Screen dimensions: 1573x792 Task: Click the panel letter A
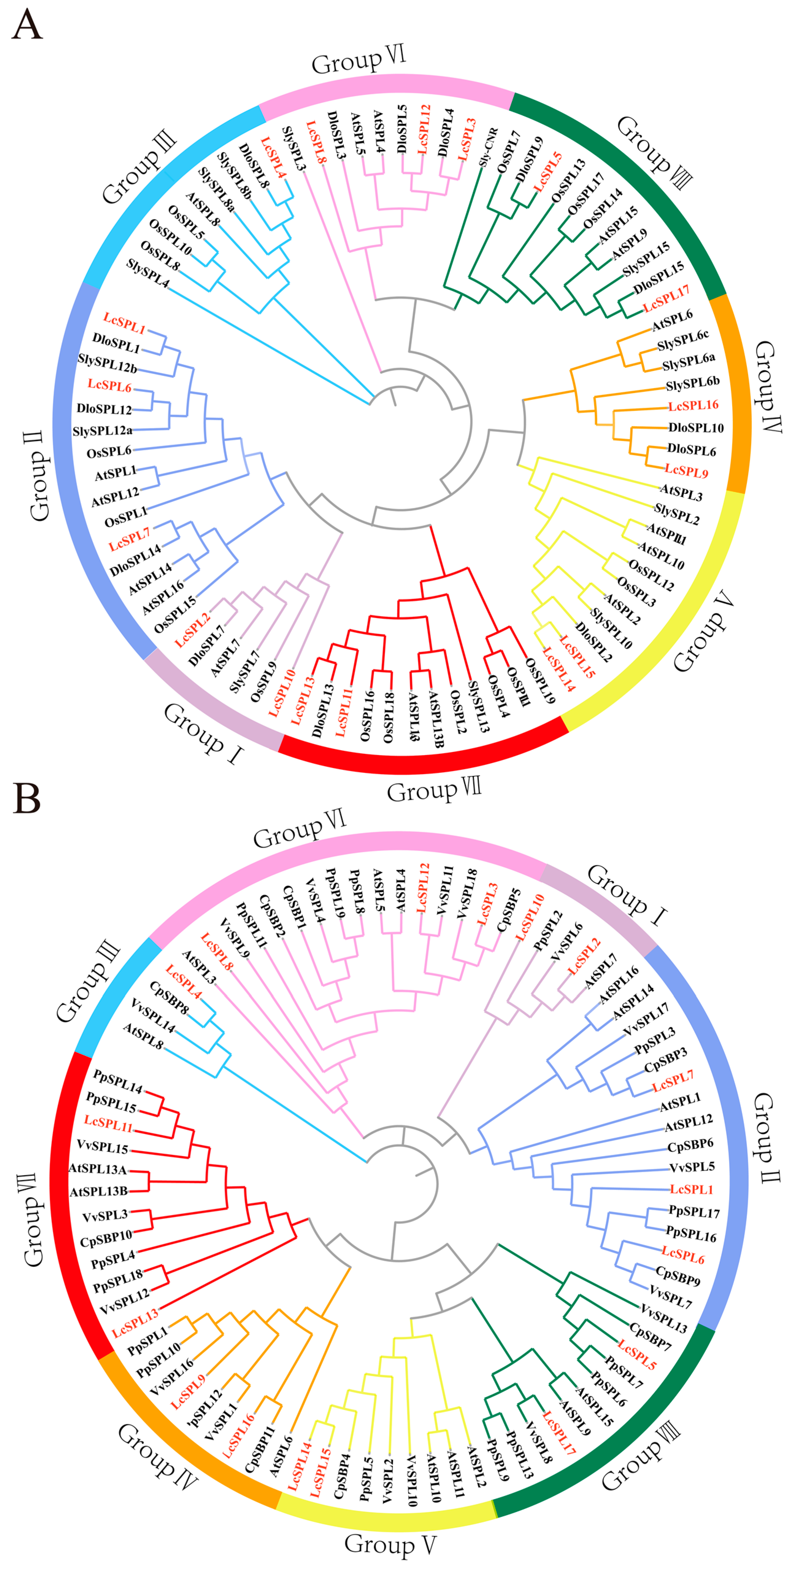pyautogui.click(x=27, y=26)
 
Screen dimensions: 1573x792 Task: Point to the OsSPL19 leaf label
pyautogui.click(x=540, y=681)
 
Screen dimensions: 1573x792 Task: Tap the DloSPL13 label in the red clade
pyautogui.click(x=323, y=710)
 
